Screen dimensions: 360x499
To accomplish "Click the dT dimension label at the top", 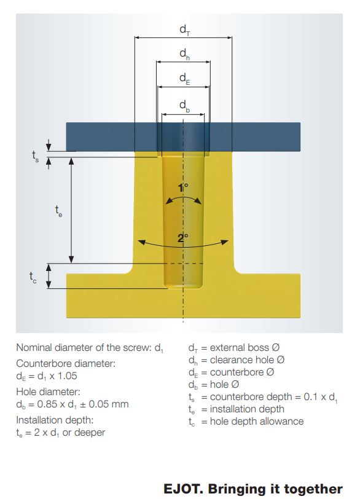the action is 185,30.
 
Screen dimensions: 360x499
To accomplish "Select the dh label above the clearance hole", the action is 185,54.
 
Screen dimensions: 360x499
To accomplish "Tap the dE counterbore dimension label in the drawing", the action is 185,79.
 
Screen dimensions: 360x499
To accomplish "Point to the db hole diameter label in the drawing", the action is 185,106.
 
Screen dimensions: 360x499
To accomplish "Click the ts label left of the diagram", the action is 35,156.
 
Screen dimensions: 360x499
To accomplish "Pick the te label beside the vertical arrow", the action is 58,211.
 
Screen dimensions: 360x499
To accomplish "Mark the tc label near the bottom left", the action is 33,277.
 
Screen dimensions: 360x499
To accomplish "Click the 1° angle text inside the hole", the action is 183,188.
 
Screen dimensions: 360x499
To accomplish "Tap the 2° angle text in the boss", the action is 183,238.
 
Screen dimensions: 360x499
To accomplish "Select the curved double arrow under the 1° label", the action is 184,197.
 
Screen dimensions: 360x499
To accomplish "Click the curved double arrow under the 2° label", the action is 183,246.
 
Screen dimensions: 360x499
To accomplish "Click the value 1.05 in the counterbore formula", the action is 67,376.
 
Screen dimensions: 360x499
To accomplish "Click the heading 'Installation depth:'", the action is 55,420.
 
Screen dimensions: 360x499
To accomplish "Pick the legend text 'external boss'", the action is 240,348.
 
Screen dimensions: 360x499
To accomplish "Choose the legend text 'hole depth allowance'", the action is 257,422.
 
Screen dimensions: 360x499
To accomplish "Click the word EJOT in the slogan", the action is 182,489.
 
